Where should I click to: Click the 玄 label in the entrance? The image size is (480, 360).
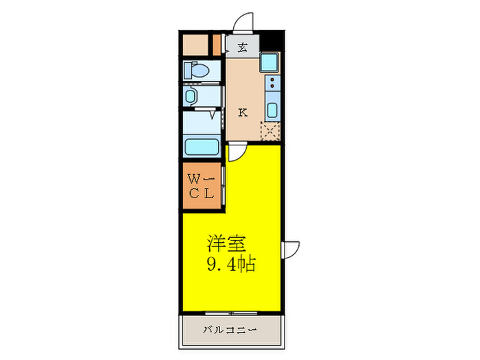tap(243, 47)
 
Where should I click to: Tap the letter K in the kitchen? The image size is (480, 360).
tap(243, 113)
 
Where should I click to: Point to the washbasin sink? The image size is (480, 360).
tap(191, 95)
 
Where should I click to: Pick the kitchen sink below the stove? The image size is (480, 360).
tap(272, 110)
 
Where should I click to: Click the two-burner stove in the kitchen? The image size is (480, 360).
tap(272, 86)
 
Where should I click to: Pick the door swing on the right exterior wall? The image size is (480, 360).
tap(291, 250)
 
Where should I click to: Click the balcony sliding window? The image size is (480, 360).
tap(230, 313)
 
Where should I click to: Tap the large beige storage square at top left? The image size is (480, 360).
tap(195, 45)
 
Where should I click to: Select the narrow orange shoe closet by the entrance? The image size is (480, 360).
tap(217, 45)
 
